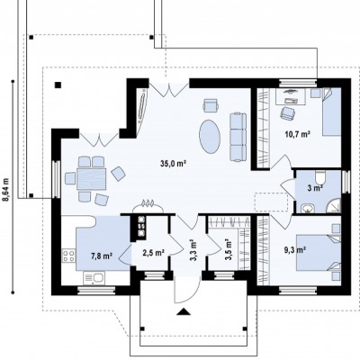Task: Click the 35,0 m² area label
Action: point(174,164)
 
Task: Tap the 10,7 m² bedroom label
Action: point(297,134)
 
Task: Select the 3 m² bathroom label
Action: point(315,188)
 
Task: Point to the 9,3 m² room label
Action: point(295,249)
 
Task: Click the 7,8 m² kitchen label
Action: point(102,256)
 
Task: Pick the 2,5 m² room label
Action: point(153,253)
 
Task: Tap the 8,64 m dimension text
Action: point(6,190)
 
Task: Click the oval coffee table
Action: point(210,136)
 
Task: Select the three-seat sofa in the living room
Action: point(238,137)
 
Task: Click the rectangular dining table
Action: point(92,179)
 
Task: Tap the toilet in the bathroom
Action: point(320,177)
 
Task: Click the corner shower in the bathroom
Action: point(334,205)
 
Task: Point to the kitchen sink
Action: point(94,278)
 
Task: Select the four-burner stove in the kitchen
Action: point(68,256)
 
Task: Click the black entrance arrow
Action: point(184,311)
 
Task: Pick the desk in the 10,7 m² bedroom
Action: point(291,96)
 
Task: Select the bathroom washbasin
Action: point(308,208)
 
